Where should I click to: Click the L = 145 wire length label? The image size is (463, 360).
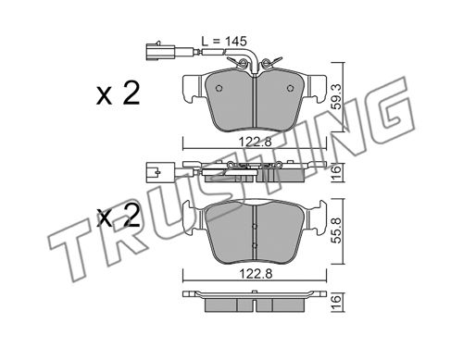click(x=224, y=42)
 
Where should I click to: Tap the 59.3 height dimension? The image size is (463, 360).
click(x=337, y=97)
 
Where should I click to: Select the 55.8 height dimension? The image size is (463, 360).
click(x=337, y=230)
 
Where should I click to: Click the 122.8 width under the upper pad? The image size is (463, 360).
click(x=255, y=142)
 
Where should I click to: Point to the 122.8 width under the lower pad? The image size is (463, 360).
click(x=255, y=274)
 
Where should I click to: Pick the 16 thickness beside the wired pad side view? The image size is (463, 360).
click(x=337, y=169)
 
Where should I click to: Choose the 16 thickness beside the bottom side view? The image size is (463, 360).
click(x=337, y=299)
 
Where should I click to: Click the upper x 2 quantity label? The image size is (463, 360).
click(x=118, y=93)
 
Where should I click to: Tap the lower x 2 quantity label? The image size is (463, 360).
click(x=118, y=217)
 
